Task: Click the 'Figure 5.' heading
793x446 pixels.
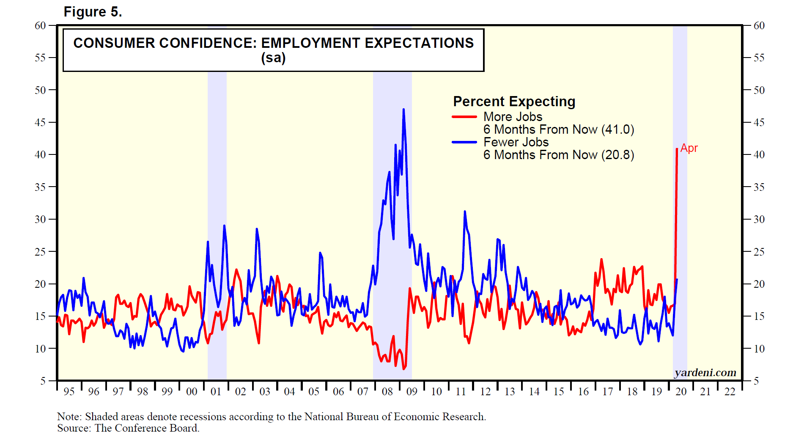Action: [x=93, y=12]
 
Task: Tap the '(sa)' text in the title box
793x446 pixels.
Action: [x=273, y=58]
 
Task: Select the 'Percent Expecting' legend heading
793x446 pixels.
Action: [x=514, y=102]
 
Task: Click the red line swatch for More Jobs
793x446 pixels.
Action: [x=464, y=117]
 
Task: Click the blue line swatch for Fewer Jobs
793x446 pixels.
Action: [x=464, y=142]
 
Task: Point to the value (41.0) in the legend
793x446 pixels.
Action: [x=617, y=129]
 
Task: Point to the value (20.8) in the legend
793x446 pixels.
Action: [x=617, y=155]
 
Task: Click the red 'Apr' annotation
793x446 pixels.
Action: [x=689, y=149]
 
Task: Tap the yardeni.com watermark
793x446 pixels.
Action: [x=705, y=372]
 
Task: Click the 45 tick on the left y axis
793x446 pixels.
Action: [x=40, y=122]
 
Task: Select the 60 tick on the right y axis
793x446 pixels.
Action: [x=759, y=25]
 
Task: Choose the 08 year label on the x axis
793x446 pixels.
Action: [x=387, y=391]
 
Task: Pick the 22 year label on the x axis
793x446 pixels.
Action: [x=730, y=391]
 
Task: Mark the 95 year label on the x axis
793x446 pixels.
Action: [x=69, y=391]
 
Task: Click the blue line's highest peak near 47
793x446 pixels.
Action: [x=403, y=110]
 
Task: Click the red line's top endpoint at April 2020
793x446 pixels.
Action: [x=677, y=149]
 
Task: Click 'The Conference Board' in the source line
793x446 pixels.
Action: [x=146, y=428]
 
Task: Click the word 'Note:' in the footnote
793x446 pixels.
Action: [x=69, y=417]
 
